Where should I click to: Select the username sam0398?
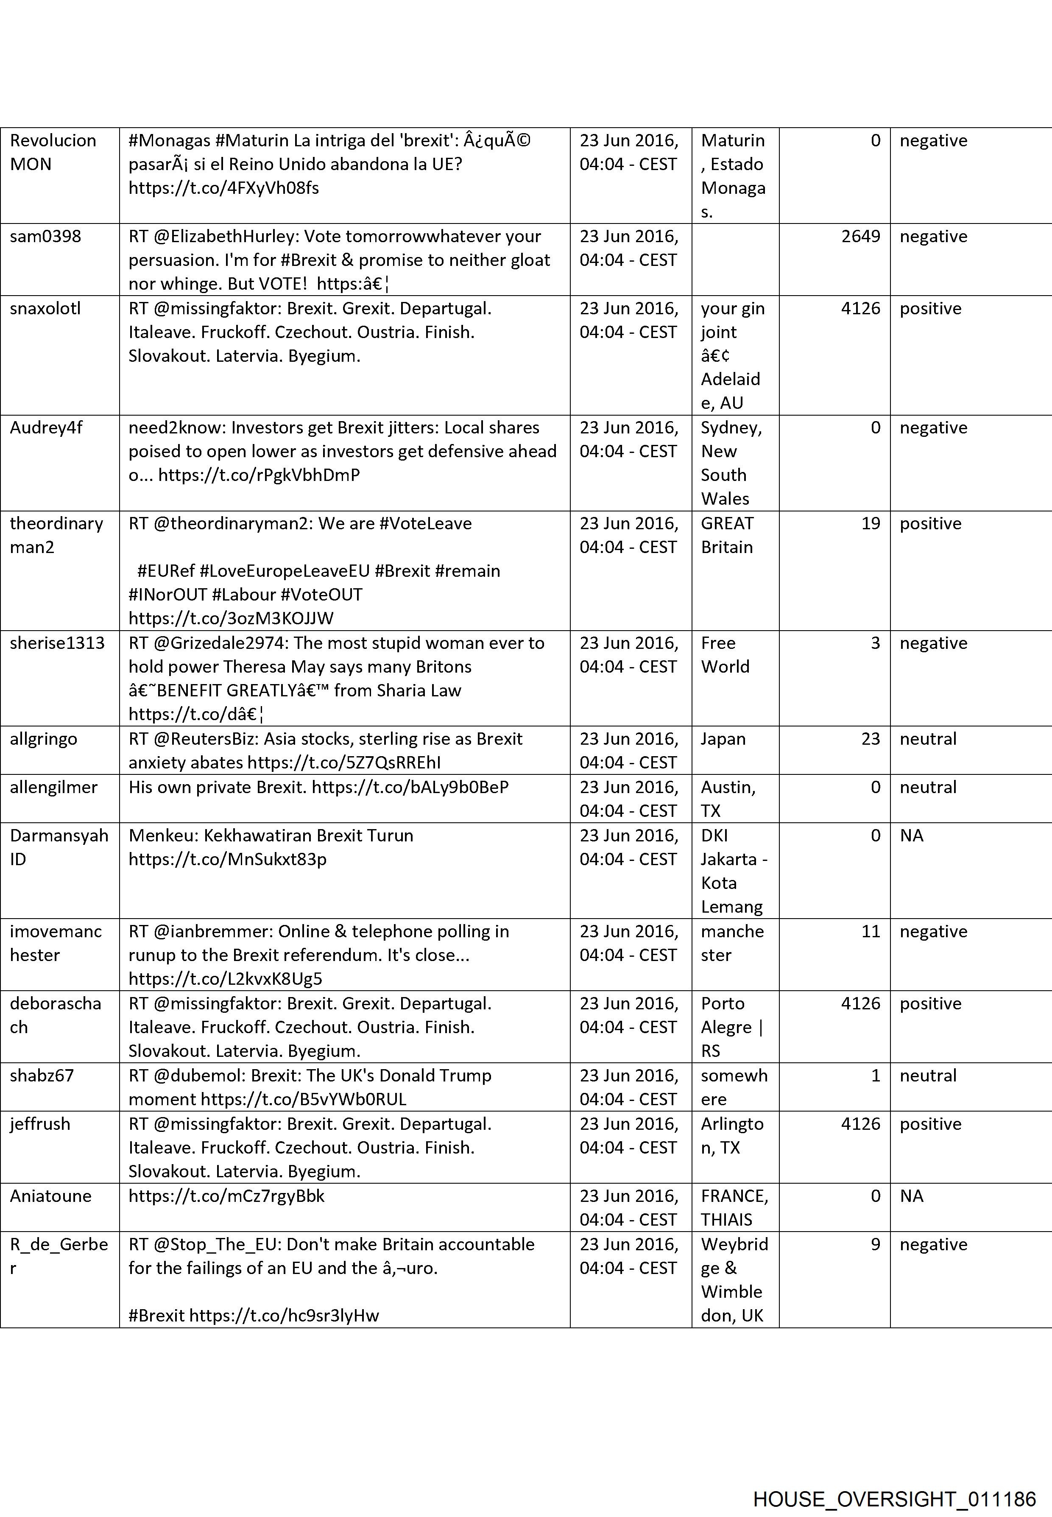click(x=45, y=237)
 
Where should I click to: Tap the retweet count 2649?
click(x=860, y=237)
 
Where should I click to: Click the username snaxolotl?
click(x=45, y=309)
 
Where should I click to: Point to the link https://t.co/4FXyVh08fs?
click(x=223, y=188)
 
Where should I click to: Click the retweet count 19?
click(x=870, y=523)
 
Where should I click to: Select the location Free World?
click(x=725, y=655)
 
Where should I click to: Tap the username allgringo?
click(x=44, y=739)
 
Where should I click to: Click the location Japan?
click(x=723, y=739)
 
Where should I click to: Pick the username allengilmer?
click(x=53, y=787)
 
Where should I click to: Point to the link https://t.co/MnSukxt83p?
click(x=227, y=859)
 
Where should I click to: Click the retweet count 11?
click(x=870, y=932)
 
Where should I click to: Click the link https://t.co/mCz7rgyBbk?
click(x=226, y=1196)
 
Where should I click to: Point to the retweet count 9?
click(x=875, y=1244)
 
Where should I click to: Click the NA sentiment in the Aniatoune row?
click(x=912, y=1196)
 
